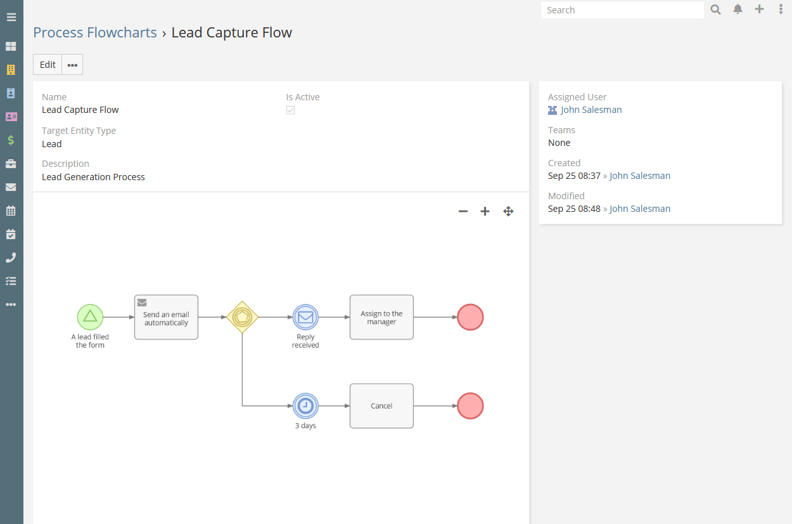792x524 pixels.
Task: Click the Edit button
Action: click(48, 65)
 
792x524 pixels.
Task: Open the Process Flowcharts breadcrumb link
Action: click(95, 32)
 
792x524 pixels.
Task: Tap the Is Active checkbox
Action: click(290, 110)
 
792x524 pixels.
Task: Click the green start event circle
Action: click(90, 317)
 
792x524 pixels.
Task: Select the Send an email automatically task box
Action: click(166, 317)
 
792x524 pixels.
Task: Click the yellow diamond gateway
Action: click(242, 317)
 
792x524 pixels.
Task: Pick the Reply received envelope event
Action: click(305, 317)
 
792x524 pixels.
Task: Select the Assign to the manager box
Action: click(381, 317)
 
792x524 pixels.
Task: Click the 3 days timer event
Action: click(305, 406)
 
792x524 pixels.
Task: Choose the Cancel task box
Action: click(381, 406)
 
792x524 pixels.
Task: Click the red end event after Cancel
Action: click(470, 406)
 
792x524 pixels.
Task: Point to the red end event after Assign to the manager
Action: click(470, 317)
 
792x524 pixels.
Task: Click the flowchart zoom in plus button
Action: click(485, 211)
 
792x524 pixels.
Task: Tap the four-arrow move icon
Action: click(508, 211)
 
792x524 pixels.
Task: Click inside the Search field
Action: click(622, 10)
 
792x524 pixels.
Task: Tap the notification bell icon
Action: click(738, 10)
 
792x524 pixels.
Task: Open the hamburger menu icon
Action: click(11, 17)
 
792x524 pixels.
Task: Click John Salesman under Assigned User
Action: click(591, 110)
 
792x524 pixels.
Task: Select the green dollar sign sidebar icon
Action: click(11, 140)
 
